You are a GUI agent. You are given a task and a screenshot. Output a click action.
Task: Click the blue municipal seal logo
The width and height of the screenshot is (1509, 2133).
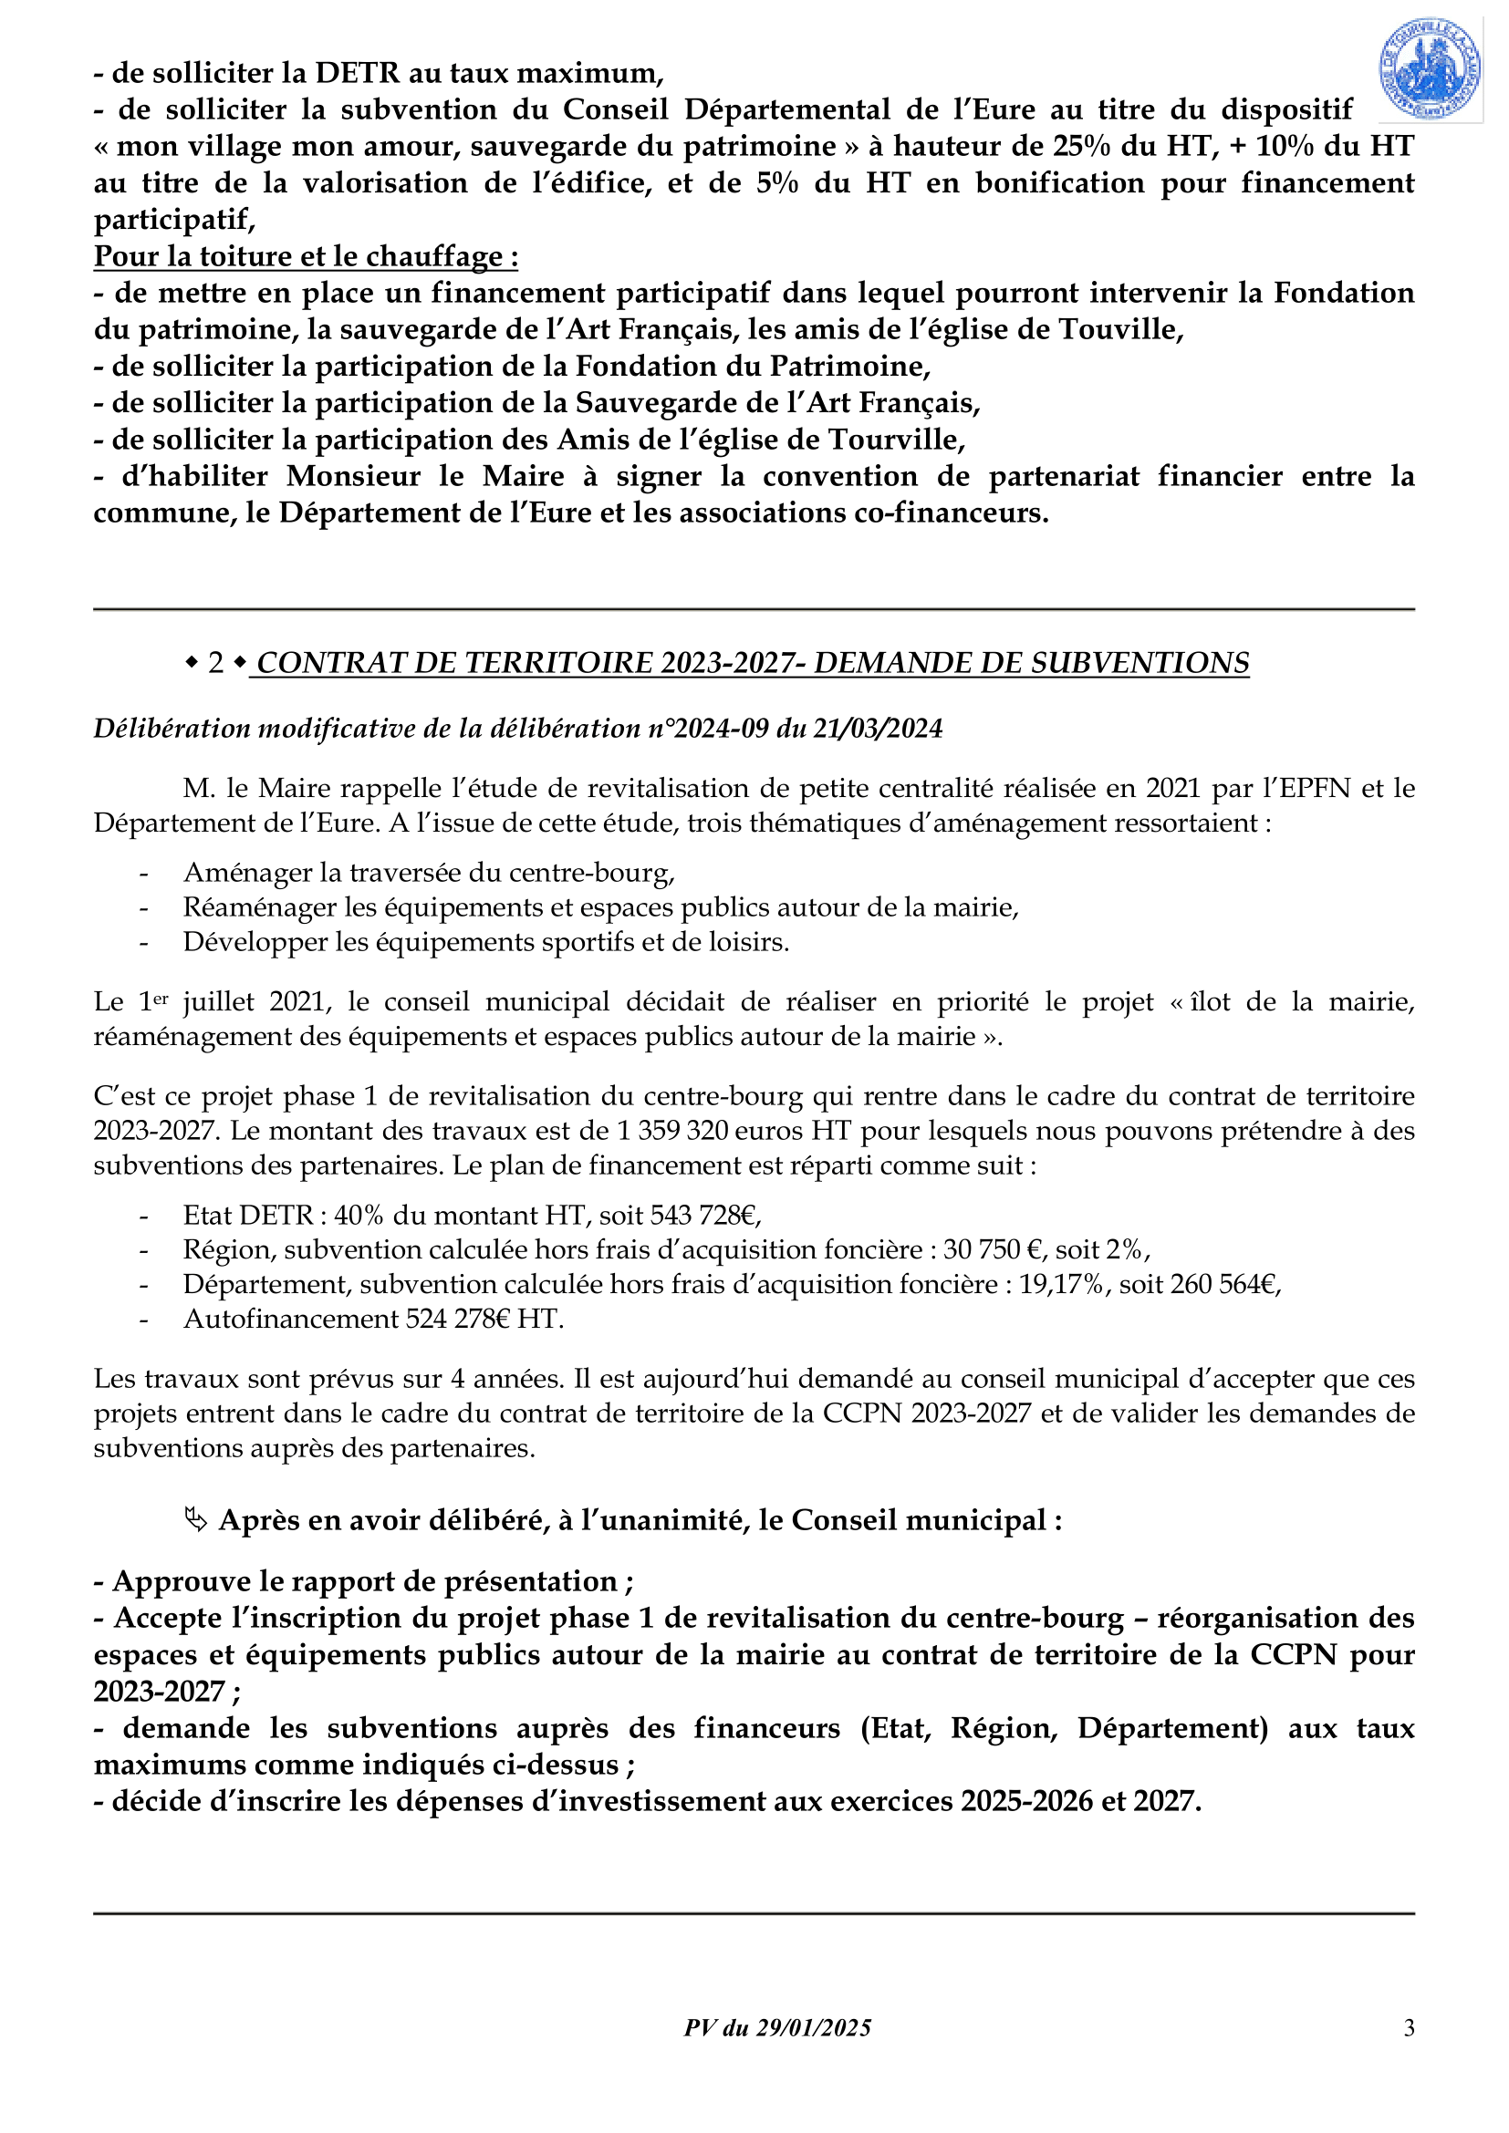(x=1429, y=69)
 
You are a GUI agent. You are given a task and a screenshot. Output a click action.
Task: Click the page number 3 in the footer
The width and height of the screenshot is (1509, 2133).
(x=1409, y=2027)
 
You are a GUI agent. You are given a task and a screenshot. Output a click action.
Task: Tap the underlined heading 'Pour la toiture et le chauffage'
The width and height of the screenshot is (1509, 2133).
(x=306, y=256)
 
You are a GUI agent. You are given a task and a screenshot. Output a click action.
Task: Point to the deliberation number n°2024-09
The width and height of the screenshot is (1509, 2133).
(x=709, y=729)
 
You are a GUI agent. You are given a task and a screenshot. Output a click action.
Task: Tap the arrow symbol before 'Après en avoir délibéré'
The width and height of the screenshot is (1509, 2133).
(x=195, y=1520)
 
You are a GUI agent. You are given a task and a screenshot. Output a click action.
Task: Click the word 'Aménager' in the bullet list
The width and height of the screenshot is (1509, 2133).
(x=247, y=873)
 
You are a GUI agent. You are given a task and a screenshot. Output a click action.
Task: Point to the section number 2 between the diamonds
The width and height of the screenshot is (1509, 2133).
(x=215, y=663)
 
